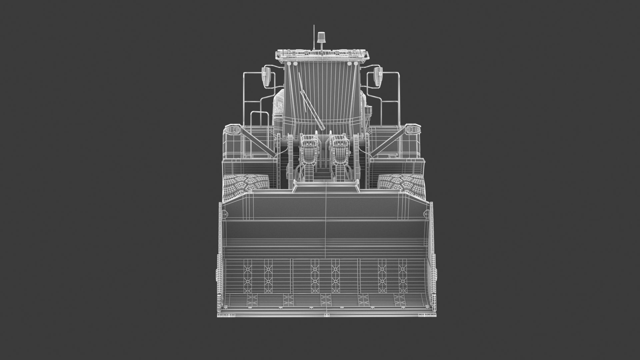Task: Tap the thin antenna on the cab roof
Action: click(314, 38)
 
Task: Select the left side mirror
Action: click(266, 77)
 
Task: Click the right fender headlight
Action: click(412, 129)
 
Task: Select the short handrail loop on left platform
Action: click(259, 120)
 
